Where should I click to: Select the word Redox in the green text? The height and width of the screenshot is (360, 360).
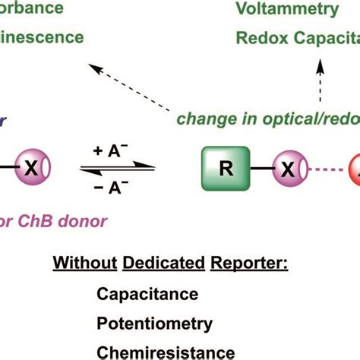257,37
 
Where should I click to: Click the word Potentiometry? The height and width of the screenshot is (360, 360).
155,324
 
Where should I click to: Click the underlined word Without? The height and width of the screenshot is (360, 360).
80,264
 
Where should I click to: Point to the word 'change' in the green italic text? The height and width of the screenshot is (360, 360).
201,119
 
